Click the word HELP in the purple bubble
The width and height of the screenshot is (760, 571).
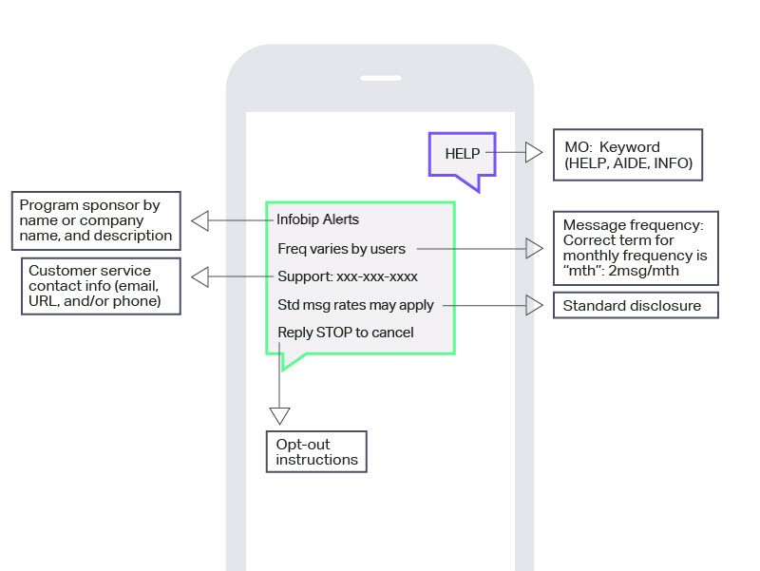pyautogui.click(x=463, y=154)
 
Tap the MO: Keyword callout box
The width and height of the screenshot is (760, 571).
pyautogui.click(x=628, y=155)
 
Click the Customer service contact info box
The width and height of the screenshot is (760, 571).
pyautogui.click(x=100, y=286)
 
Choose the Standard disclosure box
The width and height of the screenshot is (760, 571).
pyautogui.click(x=635, y=306)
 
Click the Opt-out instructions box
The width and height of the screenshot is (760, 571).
pyautogui.click(x=316, y=452)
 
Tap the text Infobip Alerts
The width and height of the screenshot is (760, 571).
pyautogui.click(x=317, y=220)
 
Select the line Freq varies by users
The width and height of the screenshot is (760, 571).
pyautogui.click(x=341, y=249)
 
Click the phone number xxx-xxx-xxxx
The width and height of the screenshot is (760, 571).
pyautogui.click(x=377, y=277)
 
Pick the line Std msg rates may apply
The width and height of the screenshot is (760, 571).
pyautogui.click(x=355, y=305)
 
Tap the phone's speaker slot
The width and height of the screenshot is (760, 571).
pyautogui.click(x=380, y=78)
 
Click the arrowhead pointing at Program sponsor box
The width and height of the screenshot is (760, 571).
pyautogui.click(x=199, y=220)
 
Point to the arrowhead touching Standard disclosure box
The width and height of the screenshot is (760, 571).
pyautogui.click(x=535, y=306)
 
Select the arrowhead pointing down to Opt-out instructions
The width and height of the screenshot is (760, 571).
pyautogui.click(x=279, y=415)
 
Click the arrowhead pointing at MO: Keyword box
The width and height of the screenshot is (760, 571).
pyautogui.click(x=534, y=152)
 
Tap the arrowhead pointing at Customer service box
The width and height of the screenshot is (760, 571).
pyautogui.click(x=199, y=277)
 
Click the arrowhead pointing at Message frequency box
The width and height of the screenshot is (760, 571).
pyautogui.click(x=535, y=249)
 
